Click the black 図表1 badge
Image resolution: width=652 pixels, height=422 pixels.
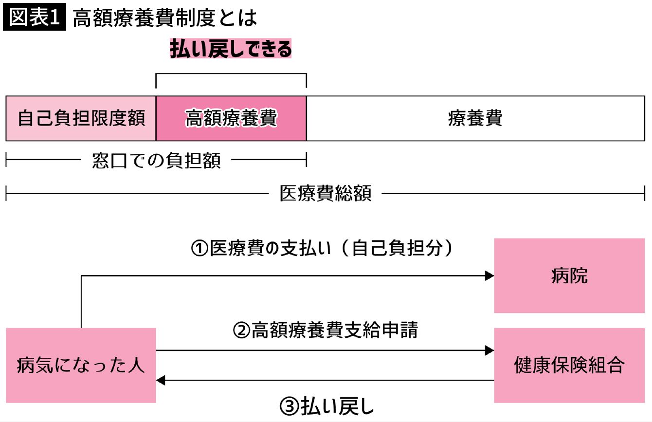[34, 18]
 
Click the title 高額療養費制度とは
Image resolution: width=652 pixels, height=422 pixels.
[164, 18]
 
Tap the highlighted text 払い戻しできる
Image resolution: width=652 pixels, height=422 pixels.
[231, 49]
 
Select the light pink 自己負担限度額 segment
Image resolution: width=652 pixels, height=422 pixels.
[81, 119]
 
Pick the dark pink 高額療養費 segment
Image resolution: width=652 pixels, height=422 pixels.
[231, 119]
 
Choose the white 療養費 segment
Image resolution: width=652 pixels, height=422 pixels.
[475, 119]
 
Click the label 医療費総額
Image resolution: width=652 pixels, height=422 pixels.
[325, 194]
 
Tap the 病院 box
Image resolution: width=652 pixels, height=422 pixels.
[569, 275]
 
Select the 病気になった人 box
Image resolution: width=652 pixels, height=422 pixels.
[81, 365]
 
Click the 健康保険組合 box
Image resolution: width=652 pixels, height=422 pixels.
[569, 365]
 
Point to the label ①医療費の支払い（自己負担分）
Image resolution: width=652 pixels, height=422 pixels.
[322, 249]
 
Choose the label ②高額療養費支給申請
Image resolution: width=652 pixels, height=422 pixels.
[325, 331]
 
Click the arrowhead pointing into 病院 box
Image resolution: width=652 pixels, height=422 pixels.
[489, 276]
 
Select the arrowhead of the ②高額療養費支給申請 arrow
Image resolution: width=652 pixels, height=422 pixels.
[489, 350]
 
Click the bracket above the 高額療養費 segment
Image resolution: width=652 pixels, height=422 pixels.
[231, 74]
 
